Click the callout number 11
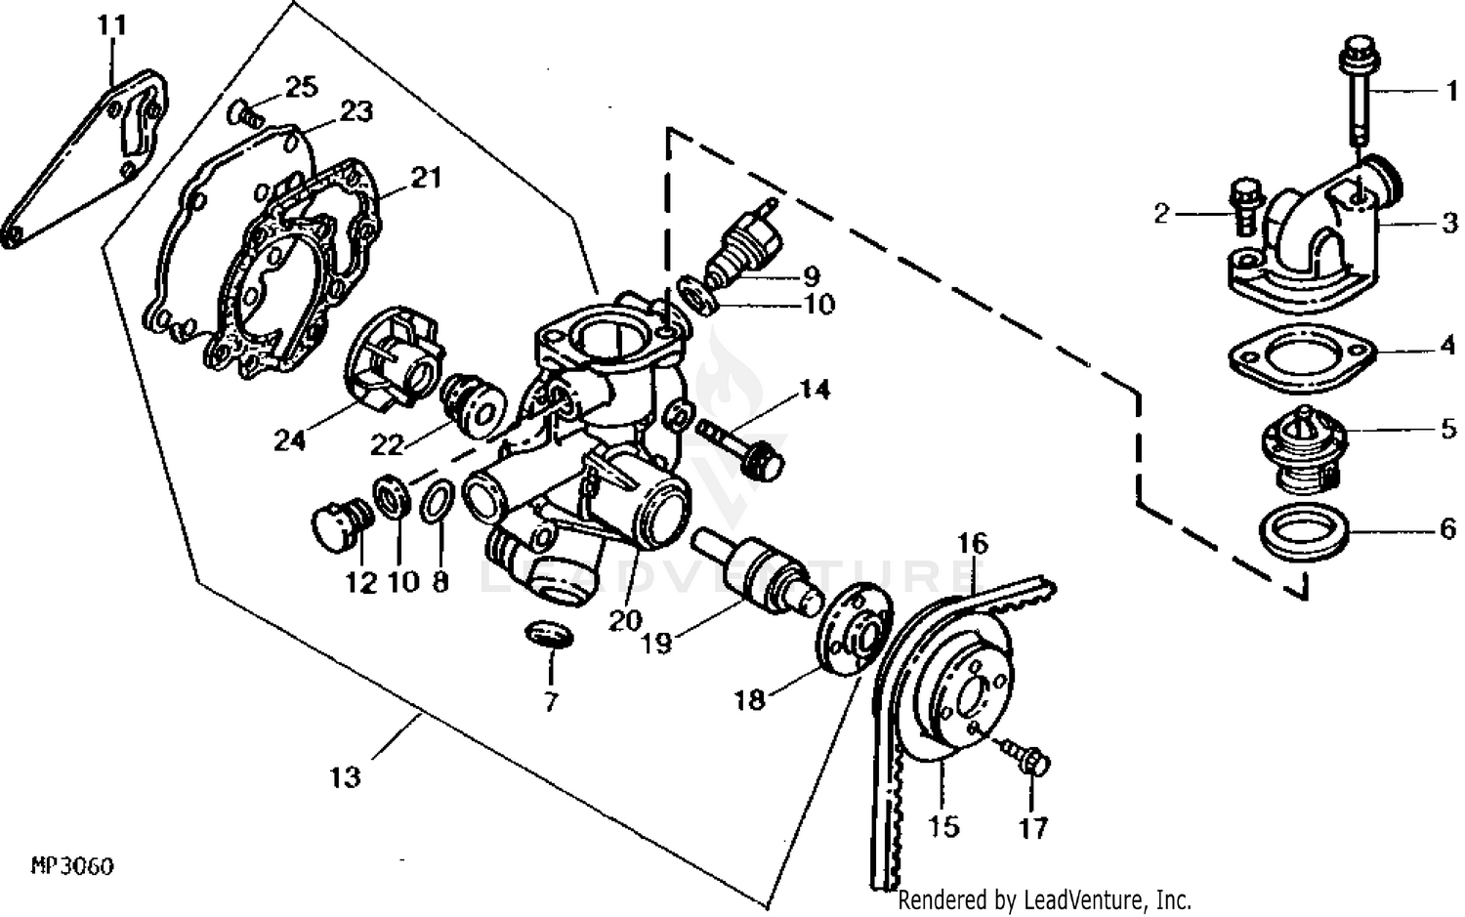(x=112, y=23)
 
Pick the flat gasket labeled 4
(x=1302, y=357)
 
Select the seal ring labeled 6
(x=1305, y=530)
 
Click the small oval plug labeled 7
(x=550, y=634)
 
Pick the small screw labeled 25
(x=245, y=115)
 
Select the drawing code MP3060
(x=72, y=866)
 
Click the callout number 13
(x=345, y=777)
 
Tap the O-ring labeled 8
(x=437, y=502)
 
